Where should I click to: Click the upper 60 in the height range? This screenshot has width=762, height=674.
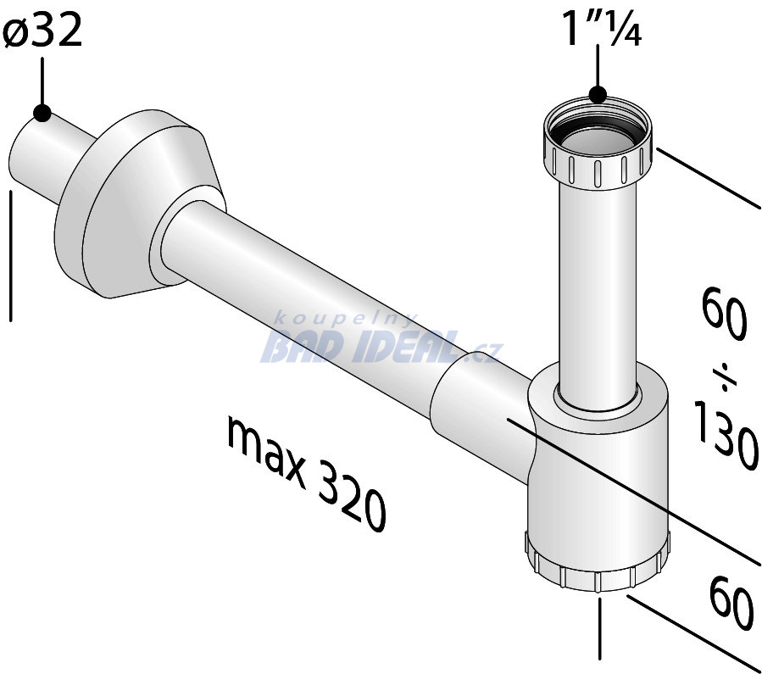coord(724,314)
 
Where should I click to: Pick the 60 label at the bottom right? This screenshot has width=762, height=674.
coord(731,603)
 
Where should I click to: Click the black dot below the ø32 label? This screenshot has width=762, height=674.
coord(42,114)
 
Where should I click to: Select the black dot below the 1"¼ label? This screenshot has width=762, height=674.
coord(598,94)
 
